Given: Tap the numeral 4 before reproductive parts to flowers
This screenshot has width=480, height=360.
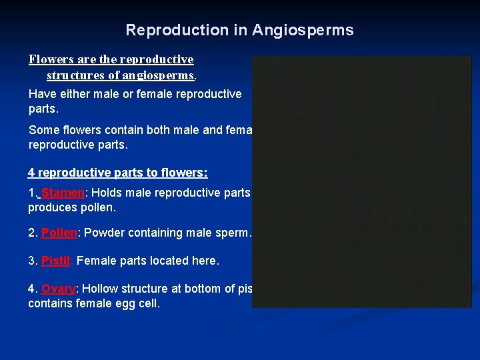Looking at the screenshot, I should coord(31,173).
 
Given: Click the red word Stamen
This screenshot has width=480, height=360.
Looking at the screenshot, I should coord(63,193).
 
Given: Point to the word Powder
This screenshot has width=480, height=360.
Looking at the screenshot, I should coord(105,233).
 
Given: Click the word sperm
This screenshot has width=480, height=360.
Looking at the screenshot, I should coord(231,233).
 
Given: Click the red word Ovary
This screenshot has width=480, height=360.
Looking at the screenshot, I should coord(59,289).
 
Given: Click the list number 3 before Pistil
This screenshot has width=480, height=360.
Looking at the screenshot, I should coord(31,261).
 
